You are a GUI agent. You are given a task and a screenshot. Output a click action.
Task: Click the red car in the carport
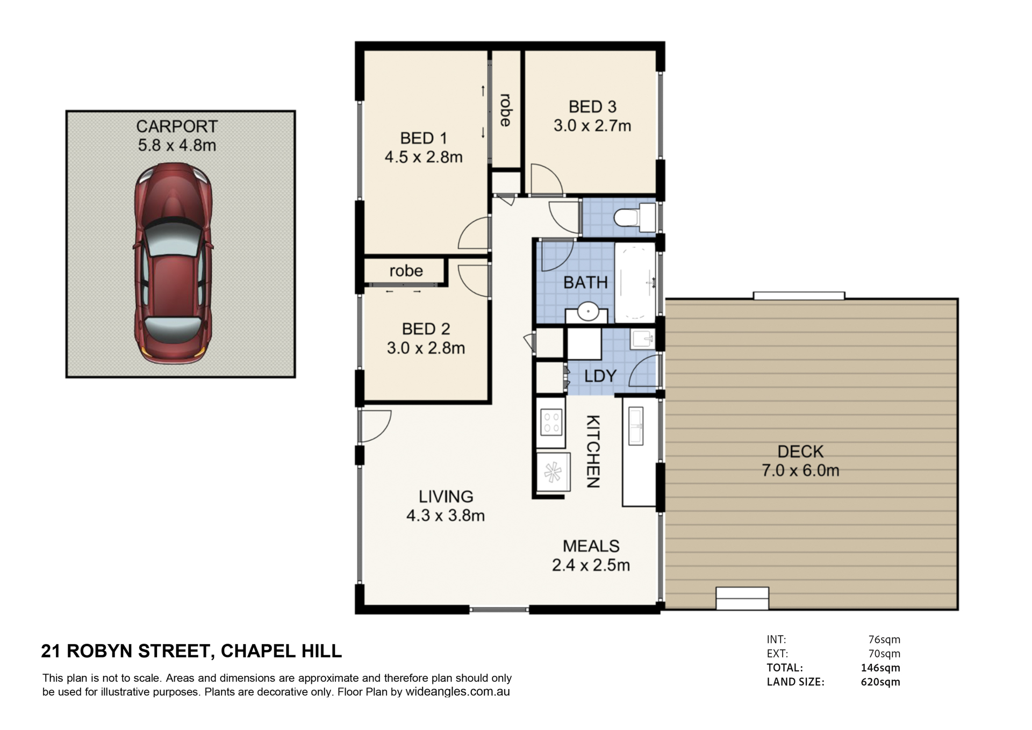173,263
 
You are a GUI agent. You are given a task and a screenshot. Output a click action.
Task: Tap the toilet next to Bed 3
634,218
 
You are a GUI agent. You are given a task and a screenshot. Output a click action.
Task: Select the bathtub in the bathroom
635,283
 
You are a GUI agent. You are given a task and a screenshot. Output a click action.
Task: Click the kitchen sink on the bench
636,426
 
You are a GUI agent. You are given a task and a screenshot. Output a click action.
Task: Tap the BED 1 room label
424,138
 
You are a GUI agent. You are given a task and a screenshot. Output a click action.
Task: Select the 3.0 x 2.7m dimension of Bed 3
592,126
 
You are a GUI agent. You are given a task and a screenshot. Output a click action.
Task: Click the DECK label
800,452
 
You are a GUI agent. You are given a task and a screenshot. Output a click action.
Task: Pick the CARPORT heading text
177,126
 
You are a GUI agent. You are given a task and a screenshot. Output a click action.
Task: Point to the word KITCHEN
592,452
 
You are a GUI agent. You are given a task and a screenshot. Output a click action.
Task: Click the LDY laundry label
600,376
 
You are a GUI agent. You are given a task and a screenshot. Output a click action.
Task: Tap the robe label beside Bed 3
505,110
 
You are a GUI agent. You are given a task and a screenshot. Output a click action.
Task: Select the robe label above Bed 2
406,271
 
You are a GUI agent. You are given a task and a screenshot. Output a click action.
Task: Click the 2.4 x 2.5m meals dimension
591,565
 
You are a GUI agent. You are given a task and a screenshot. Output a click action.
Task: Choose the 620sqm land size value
880,682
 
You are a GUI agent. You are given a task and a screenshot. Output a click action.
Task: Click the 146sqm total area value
880,668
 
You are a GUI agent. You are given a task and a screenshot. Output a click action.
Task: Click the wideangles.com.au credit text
457,692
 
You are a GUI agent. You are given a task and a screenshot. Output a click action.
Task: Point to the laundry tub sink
643,339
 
